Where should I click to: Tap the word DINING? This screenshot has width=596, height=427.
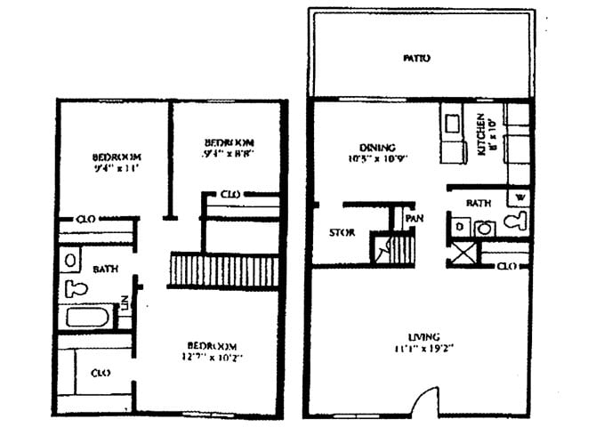click(377, 148)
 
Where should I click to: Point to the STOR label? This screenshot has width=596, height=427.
click(342, 233)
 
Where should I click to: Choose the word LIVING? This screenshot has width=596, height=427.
click(423, 336)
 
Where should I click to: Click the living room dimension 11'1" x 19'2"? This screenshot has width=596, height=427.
click(423, 350)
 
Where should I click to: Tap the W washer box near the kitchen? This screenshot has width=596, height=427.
click(519, 197)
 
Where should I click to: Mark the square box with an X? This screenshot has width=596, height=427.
click(463, 254)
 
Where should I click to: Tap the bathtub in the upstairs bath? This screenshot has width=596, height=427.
click(86, 318)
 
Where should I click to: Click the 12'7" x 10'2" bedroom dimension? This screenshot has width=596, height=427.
click(212, 358)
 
